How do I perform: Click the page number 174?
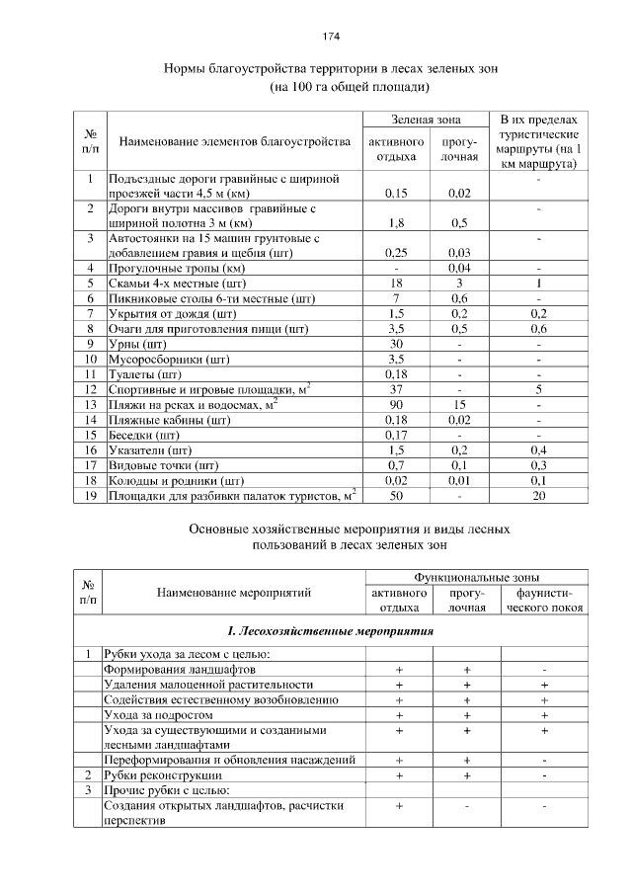(331, 37)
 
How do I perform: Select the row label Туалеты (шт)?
(145, 374)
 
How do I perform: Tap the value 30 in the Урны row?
(395, 343)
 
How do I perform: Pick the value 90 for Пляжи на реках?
(395, 404)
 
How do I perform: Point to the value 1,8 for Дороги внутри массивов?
(395, 223)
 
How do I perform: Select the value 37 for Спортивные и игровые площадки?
(395, 389)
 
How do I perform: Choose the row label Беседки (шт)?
(144, 435)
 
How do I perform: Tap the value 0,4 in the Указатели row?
(538, 449)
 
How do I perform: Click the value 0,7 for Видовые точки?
(395, 464)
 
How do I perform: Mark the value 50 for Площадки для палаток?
(395, 495)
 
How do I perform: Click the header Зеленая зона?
(426, 120)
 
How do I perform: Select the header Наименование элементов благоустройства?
(234, 142)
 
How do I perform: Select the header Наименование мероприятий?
(234, 593)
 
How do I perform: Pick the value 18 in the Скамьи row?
(395, 283)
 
